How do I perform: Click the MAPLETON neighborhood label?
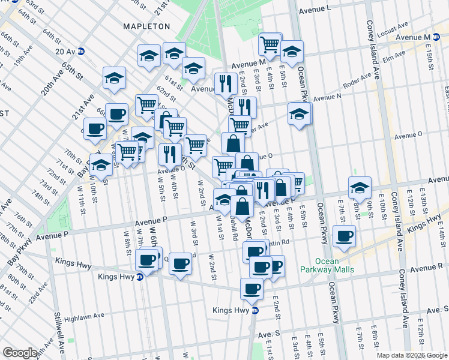point(146,26)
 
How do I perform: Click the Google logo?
point(20,353)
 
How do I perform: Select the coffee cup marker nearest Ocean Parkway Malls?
point(344,236)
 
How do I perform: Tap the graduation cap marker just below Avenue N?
point(300,113)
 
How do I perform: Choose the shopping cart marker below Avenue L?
point(270,43)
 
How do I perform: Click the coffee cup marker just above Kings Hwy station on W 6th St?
point(147,260)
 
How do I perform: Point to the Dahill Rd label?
point(232,229)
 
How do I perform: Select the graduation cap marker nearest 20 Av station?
point(113,77)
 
